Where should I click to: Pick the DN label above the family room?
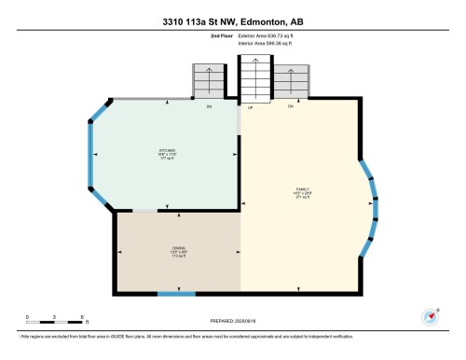coord(291,106)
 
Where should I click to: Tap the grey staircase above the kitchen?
coord(209,82)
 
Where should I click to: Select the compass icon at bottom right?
coord(431,316)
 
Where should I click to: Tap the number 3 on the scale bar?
coord(55,316)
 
